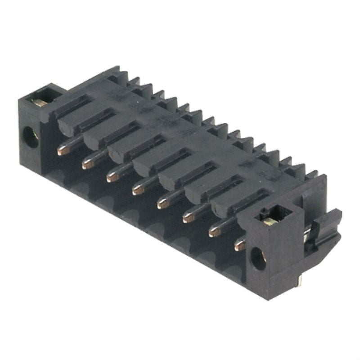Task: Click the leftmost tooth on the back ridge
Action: (133, 82)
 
